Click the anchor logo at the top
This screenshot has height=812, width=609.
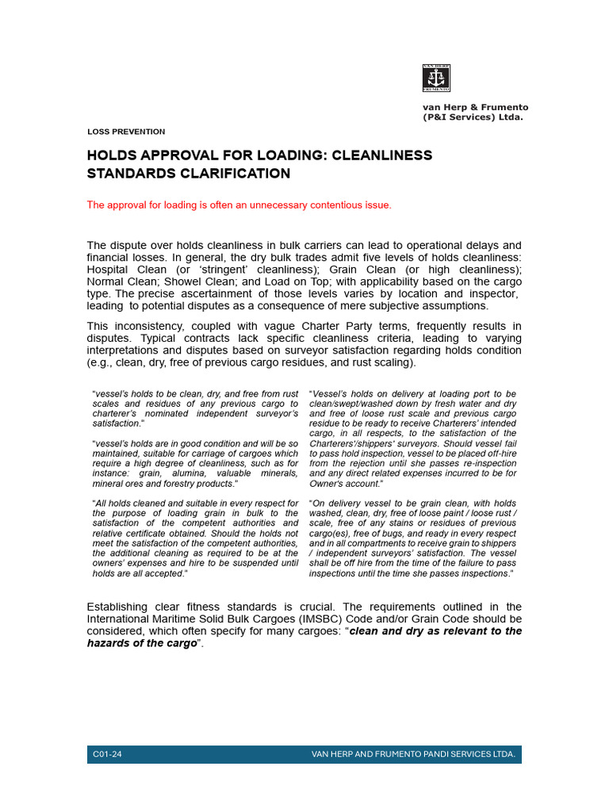pos(436,78)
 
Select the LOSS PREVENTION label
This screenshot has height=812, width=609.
pos(126,132)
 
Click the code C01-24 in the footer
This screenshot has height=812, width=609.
pos(108,754)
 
